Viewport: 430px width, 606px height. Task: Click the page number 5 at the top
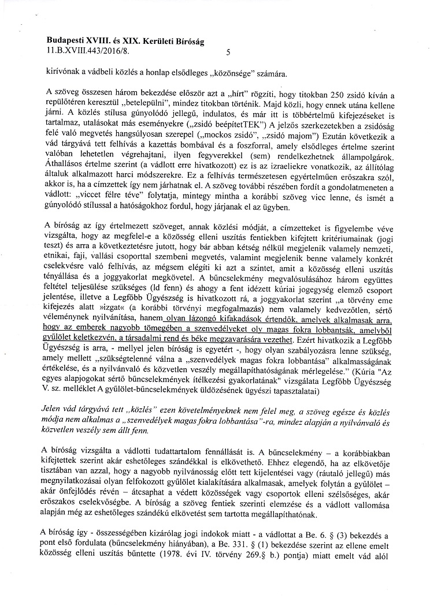pos(229,53)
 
